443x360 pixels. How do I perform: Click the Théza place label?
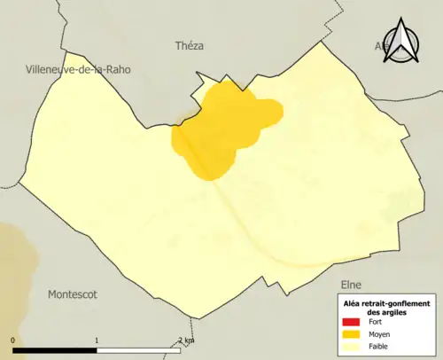(x=190, y=46)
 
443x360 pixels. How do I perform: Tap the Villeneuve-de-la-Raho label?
(x=78, y=68)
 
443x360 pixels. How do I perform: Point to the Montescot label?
(x=72, y=293)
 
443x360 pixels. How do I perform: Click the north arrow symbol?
(x=408, y=42)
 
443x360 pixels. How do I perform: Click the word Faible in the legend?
(x=379, y=346)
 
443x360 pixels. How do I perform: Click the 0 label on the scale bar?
(x=13, y=340)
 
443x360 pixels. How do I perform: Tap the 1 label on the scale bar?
(x=96, y=340)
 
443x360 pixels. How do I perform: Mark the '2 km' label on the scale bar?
(x=185, y=340)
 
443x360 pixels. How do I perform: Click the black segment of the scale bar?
(x=54, y=349)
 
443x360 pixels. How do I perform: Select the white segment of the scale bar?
(x=137, y=349)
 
